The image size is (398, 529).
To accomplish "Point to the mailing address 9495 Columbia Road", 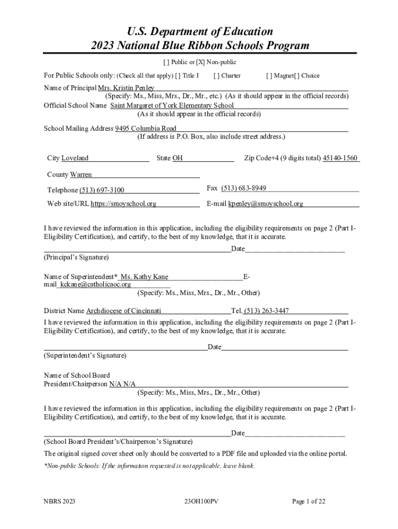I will click(145, 128).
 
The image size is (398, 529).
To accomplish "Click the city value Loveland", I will click(75, 158).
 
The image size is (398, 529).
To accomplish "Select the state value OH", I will click(177, 158).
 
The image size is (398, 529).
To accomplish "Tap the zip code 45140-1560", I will click(340, 158).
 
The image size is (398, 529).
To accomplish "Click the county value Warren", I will click(81, 175).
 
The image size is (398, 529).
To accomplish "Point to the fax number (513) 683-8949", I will click(243, 188).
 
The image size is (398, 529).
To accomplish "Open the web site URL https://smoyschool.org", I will click(124, 204).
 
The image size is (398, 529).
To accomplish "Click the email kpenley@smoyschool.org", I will click(266, 204).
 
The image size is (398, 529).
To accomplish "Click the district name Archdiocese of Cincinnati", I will click(124, 311).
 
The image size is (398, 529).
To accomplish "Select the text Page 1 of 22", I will click(309, 501).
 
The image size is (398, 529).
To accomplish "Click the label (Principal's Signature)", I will click(76, 257).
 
